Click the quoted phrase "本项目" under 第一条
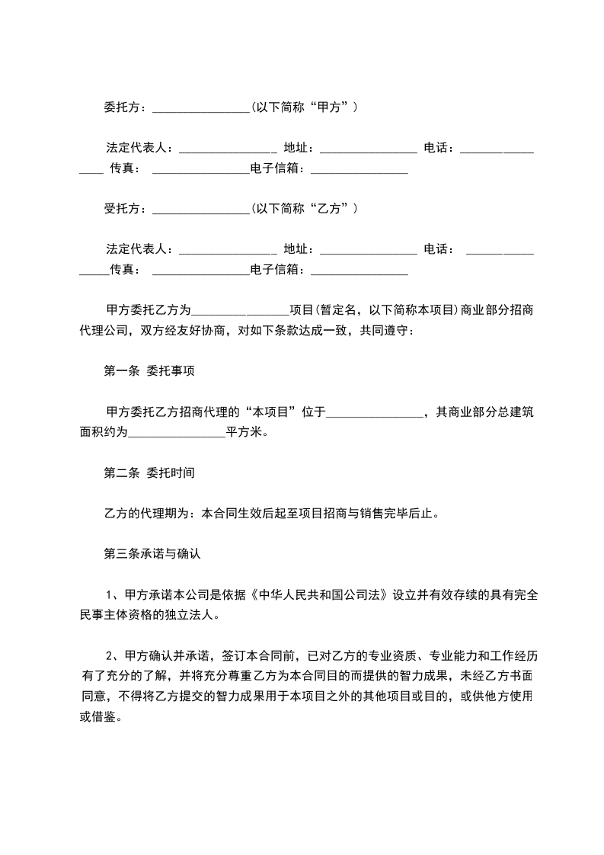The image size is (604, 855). [270, 412]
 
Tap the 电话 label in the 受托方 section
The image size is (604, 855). [439, 248]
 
